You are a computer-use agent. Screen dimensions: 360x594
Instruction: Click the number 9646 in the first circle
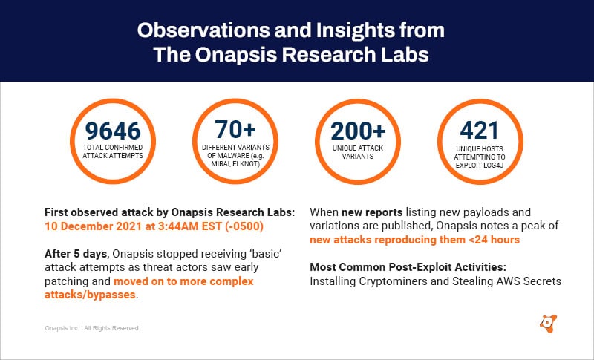(113, 131)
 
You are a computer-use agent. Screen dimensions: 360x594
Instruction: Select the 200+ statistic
(359, 131)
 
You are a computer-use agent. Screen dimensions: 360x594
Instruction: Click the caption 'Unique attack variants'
(359, 152)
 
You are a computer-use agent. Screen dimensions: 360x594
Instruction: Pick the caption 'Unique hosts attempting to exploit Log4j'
(480, 157)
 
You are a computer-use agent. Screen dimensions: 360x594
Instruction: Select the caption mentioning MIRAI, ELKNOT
(235, 157)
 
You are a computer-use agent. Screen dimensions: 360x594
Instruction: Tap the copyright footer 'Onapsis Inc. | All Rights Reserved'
(90, 328)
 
